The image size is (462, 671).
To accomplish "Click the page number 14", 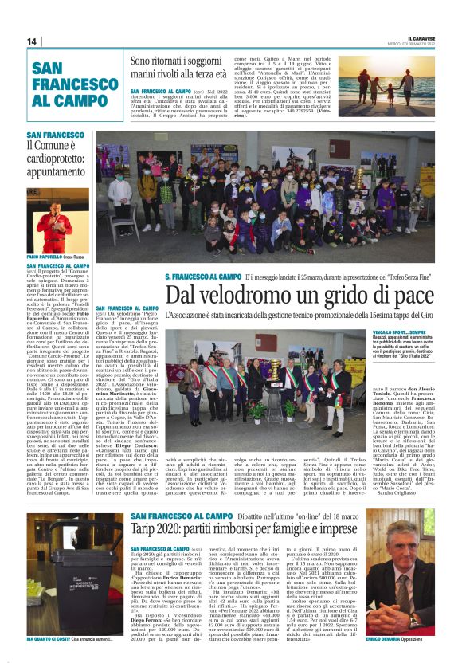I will tap(32, 41).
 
